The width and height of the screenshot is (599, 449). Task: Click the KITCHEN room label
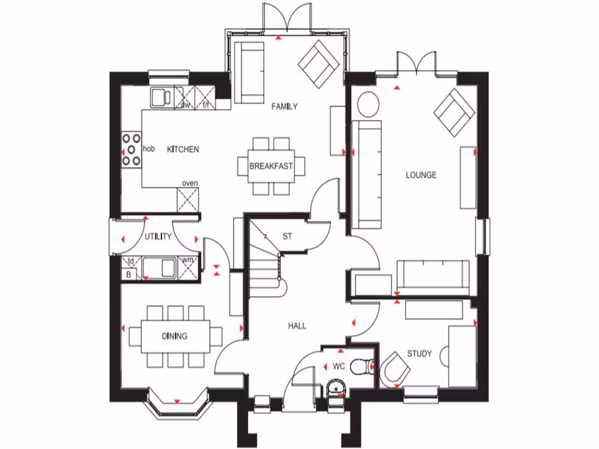click(183, 150)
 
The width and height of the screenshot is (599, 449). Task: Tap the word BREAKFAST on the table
click(271, 166)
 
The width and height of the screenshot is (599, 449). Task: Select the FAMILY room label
click(284, 106)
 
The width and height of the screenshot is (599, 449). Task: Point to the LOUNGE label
click(422, 175)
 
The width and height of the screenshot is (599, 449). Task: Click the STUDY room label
click(419, 354)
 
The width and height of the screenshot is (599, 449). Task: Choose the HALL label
click(297, 326)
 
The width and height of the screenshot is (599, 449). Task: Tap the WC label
click(339, 367)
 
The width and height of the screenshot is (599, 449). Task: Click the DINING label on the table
click(174, 336)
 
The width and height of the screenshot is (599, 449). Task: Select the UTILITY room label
click(158, 237)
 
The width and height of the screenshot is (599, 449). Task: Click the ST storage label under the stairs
click(287, 237)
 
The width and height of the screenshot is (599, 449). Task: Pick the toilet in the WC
click(367, 366)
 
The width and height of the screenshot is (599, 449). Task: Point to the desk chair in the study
click(395, 372)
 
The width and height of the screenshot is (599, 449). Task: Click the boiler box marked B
click(129, 274)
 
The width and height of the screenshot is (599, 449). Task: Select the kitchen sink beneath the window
click(160, 98)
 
